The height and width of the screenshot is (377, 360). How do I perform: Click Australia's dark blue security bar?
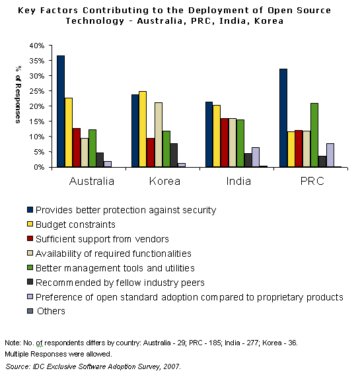61,112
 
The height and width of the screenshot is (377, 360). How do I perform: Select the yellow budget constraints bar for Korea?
143,129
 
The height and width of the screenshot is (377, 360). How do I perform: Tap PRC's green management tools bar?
314,135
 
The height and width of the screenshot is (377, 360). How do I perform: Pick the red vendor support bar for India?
225,143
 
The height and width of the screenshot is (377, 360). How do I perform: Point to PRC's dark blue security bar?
283,118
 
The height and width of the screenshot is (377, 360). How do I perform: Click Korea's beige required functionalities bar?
159,135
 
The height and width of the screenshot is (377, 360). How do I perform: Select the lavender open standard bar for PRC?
330,155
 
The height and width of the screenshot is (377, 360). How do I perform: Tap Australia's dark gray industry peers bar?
100,160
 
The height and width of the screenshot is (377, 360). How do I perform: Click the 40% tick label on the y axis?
37,46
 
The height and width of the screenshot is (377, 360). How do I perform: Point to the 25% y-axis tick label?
37,91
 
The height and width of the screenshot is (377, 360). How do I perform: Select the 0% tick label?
39,167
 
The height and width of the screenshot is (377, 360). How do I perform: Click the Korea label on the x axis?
164,182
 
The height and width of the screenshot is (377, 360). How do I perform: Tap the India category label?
238,182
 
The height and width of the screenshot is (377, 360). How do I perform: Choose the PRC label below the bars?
312,182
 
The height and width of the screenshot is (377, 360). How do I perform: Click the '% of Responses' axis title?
18,94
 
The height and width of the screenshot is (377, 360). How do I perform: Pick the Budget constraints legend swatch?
30,224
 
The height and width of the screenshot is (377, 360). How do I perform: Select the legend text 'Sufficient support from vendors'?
102,239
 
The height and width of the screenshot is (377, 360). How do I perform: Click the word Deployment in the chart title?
219,11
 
